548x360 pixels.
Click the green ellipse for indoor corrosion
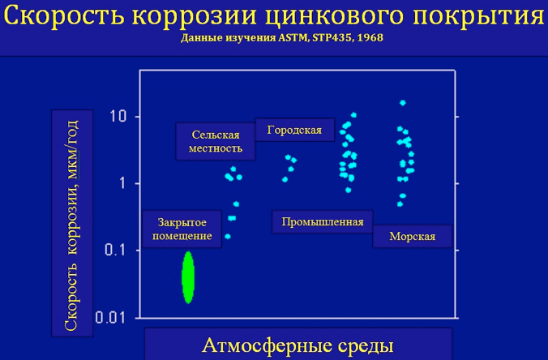tap(188, 277)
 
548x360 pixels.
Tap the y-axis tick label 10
tap(118, 116)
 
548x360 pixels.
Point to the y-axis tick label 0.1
tap(115, 250)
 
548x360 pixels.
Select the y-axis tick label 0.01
tap(110, 317)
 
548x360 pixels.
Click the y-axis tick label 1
tap(122, 182)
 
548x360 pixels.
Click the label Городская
tap(294, 130)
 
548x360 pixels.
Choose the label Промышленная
tap(323, 221)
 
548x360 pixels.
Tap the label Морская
tap(413, 236)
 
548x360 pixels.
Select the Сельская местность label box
tap(216, 141)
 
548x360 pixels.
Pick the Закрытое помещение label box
tap(182, 229)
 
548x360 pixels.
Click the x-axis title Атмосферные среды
tap(298, 345)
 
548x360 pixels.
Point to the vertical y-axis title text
tap(71, 225)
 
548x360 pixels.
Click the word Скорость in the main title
tap(64, 15)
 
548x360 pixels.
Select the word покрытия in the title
tap(478, 15)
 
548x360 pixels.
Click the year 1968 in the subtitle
tap(370, 37)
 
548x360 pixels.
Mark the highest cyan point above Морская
tap(403, 103)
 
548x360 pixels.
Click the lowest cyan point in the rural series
tap(228, 236)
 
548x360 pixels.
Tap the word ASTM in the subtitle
tap(293, 38)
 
